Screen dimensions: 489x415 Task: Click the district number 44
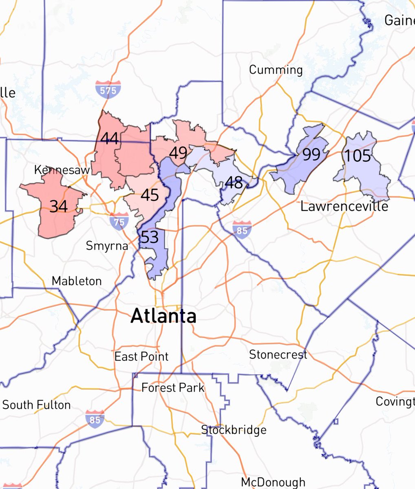tap(109, 139)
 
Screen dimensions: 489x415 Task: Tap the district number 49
tap(178, 153)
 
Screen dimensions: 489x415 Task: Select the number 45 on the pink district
tap(150, 195)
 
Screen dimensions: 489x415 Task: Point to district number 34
tap(58, 207)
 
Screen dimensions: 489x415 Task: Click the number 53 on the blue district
tap(149, 237)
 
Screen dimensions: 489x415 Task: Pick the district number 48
tap(234, 183)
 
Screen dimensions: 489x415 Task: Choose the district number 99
tap(311, 155)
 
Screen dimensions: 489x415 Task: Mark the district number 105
tap(358, 156)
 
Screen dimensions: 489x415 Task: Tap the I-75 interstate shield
tap(119, 221)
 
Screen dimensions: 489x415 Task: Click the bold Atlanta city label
tap(163, 316)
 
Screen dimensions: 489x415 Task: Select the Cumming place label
tap(276, 70)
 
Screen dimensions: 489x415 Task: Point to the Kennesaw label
tap(62, 170)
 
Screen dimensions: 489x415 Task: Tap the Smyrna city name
tap(107, 246)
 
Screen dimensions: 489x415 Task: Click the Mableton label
tap(77, 281)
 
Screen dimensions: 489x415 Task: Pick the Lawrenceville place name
tap(344, 206)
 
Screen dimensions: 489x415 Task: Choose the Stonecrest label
tap(278, 355)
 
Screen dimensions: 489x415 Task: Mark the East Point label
tap(141, 357)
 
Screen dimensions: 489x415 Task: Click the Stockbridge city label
tap(234, 430)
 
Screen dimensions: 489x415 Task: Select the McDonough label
tap(273, 482)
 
